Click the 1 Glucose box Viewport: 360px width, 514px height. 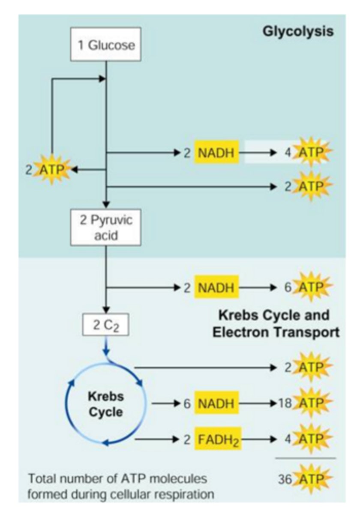[x=106, y=45]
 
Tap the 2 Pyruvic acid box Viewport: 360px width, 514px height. [x=106, y=227]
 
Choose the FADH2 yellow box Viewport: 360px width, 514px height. [x=218, y=439]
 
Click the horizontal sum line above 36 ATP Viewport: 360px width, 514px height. [x=305, y=458]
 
